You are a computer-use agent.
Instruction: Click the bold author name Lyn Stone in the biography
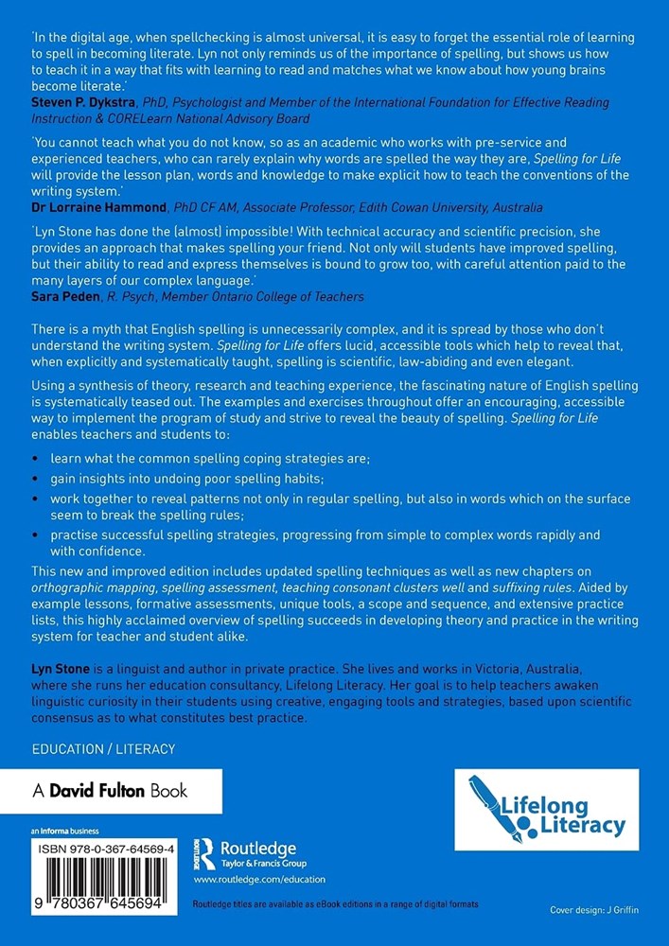[x=61, y=669]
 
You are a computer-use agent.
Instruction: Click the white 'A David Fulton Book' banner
[x=112, y=791]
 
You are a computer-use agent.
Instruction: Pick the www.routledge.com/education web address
[x=253, y=880]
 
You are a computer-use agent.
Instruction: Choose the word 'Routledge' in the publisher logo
[x=257, y=848]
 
